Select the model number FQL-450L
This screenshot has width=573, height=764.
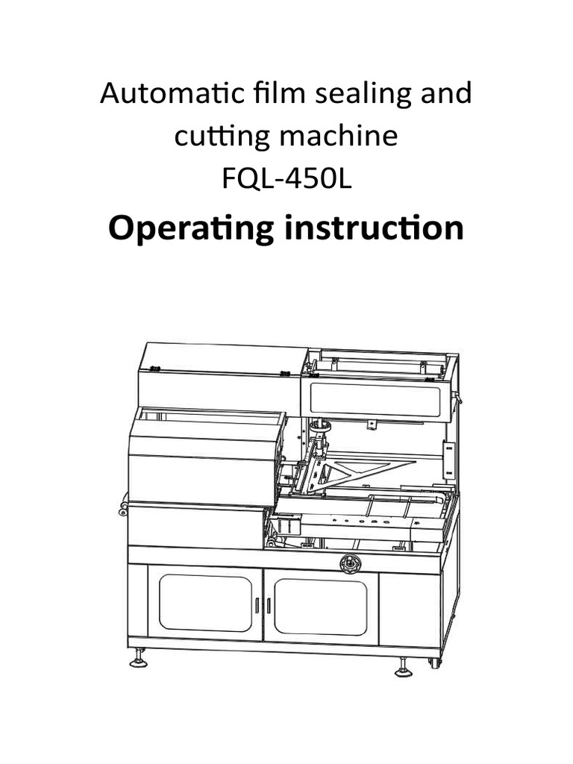tap(286, 180)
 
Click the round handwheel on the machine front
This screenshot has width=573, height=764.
tap(350, 563)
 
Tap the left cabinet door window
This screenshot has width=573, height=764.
tap(204, 603)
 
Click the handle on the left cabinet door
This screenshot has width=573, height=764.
tap(256, 604)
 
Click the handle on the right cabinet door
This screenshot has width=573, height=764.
tap(269, 604)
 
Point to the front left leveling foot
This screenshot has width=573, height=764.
tap(139, 660)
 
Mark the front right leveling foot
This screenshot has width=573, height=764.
tap(403, 666)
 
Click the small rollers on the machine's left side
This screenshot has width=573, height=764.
tap(121, 507)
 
